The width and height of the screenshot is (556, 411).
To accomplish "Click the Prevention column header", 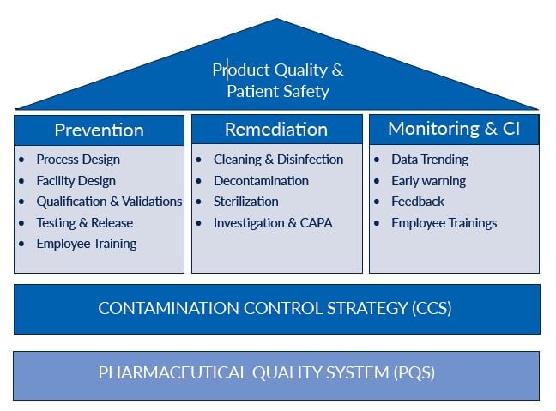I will tap(99, 130).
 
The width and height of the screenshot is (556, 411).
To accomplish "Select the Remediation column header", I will tap(275, 130).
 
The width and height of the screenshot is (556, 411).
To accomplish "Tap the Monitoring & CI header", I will tap(453, 129).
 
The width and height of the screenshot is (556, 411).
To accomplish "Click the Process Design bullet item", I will tap(78, 160).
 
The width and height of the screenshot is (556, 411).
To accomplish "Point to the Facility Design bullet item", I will tap(76, 181).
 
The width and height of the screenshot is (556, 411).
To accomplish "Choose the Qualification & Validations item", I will tap(109, 202).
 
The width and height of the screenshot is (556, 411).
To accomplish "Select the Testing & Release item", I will tap(85, 223).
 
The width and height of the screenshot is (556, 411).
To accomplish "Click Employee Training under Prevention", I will tap(86, 244).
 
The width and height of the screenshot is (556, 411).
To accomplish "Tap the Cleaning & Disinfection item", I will tap(278, 160).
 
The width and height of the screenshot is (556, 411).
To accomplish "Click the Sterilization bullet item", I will tap(245, 202).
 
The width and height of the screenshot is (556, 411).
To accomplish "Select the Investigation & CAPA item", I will tap(272, 223).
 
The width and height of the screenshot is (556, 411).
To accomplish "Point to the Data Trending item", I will tap(430, 160).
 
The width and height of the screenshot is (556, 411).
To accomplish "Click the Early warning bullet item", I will tap(428, 181).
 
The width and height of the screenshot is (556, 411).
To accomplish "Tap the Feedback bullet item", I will tap(418, 202).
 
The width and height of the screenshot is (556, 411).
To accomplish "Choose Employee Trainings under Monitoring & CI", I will tap(444, 223).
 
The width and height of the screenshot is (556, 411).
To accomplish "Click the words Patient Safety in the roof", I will tap(277, 91).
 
